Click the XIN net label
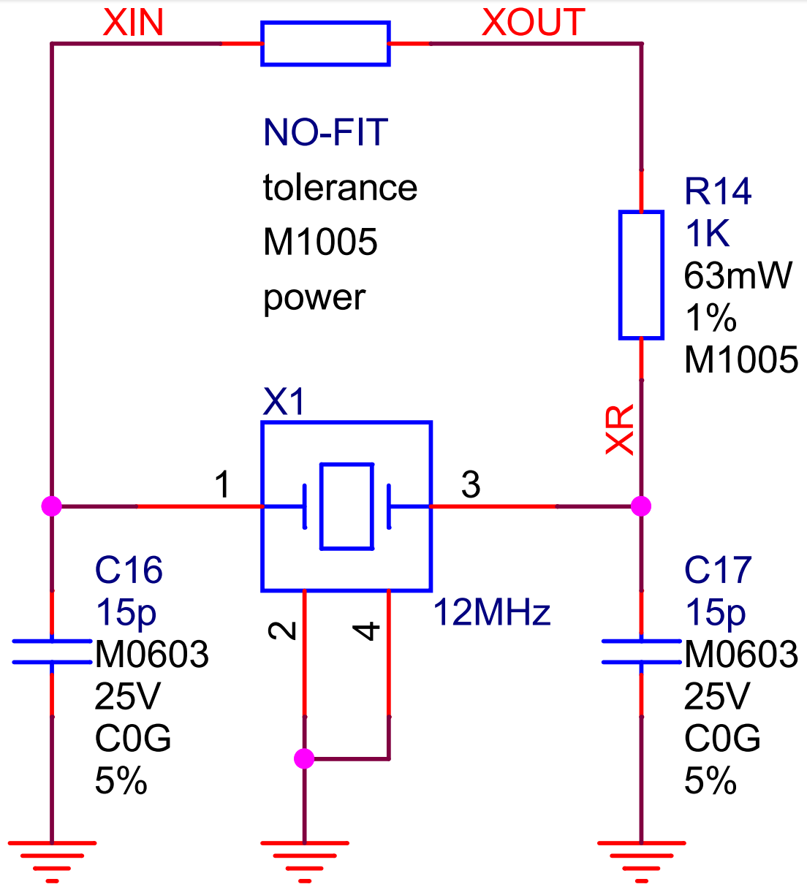pyautogui.click(x=133, y=23)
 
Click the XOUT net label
pyautogui.click(x=533, y=23)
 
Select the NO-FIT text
pyautogui.click(x=325, y=132)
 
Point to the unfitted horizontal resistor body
pyautogui.click(x=325, y=43)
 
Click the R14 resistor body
pyautogui.click(x=641, y=275)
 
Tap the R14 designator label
pyautogui.click(x=718, y=191)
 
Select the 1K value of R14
pyautogui.click(x=707, y=233)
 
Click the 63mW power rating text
pyautogui.click(x=738, y=275)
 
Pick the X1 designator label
pyautogui.click(x=284, y=402)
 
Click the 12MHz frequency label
pyautogui.click(x=492, y=612)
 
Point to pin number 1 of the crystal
pyautogui.click(x=222, y=484)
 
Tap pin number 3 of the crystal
pyautogui.click(x=471, y=484)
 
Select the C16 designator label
pyautogui.click(x=129, y=570)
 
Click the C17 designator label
pyautogui.click(x=718, y=570)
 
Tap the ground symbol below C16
pyautogui.click(x=52, y=862)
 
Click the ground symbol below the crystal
pyautogui.click(x=305, y=862)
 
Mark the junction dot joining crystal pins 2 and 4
pyautogui.click(x=304, y=758)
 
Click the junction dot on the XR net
pyautogui.click(x=641, y=506)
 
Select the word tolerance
pyautogui.click(x=341, y=187)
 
